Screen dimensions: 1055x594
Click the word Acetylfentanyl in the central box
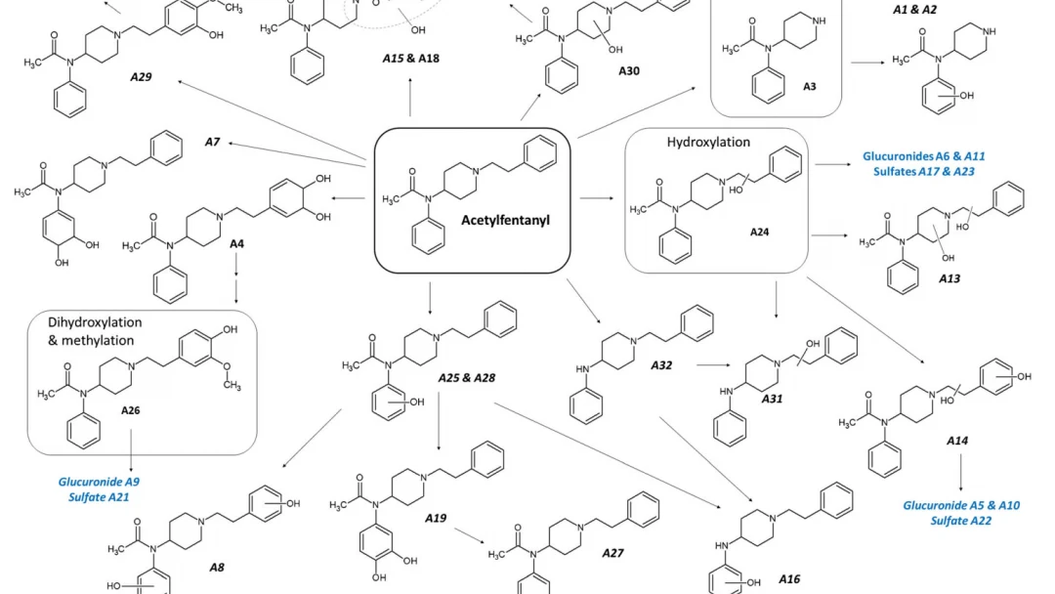click(505, 220)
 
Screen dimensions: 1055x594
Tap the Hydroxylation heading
click(708, 142)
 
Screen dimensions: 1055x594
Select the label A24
click(760, 233)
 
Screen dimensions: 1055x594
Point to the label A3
click(810, 86)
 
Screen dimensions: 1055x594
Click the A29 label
click(141, 76)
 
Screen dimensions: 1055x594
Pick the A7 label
click(212, 142)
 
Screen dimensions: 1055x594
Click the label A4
click(236, 243)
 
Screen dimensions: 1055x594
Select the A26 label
click(131, 410)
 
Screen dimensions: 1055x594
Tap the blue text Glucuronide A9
click(99, 482)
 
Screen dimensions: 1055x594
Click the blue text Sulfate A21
click(99, 497)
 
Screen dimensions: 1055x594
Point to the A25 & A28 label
click(466, 378)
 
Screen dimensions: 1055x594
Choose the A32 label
click(661, 365)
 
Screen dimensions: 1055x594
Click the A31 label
click(773, 399)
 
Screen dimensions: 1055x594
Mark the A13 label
click(949, 278)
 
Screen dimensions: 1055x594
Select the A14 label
click(957, 441)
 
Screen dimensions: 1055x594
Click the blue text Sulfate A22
click(961, 521)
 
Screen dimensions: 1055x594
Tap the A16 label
click(789, 579)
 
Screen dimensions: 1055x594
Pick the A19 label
click(436, 518)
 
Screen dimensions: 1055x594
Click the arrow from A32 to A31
click(713, 365)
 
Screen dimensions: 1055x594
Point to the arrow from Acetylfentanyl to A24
click(597, 198)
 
